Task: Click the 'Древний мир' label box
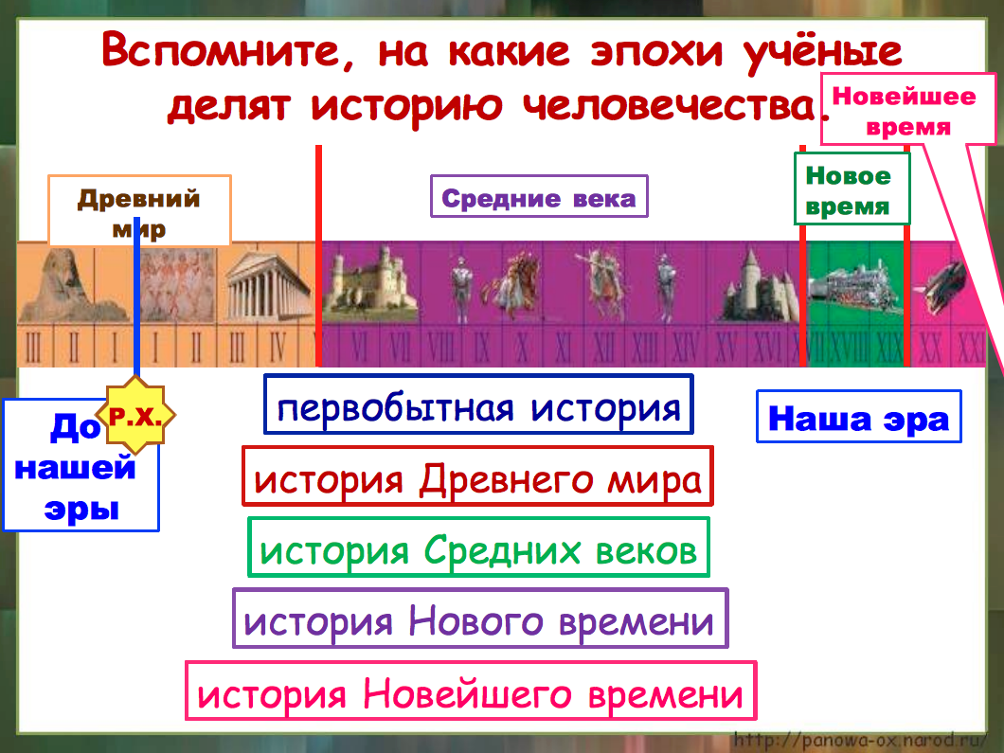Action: pyautogui.click(x=139, y=210)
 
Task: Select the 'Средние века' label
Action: pyautogui.click(x=539, y=197)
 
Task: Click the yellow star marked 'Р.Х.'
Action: pyautogui.click(x=138, y=415)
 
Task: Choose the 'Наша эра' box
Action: pyautogui.click(x=858, y=417)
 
